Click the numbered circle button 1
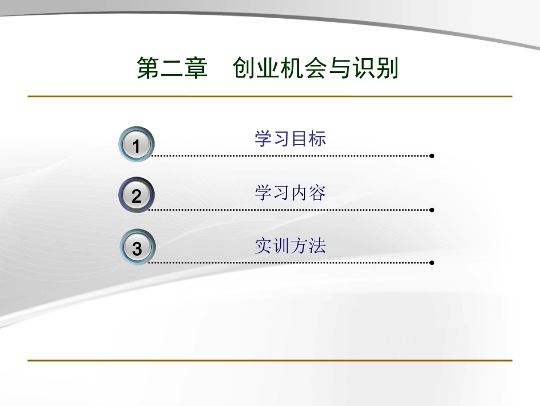pos(136,145)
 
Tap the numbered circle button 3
pos(136,249)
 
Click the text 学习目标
pos(290,139)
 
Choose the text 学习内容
pos(290,193)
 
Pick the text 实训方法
pos(290,246)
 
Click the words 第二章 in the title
pos(172,69)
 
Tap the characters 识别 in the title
pos(375,69)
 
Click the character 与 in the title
pos(339,69)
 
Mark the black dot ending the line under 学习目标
pos(432,155)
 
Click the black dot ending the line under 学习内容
pos(432,210)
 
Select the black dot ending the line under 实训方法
pos(432,263)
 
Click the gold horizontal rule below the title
pos(270,96)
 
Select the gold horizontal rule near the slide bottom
pos(270,360)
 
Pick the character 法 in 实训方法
pos(317,246)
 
